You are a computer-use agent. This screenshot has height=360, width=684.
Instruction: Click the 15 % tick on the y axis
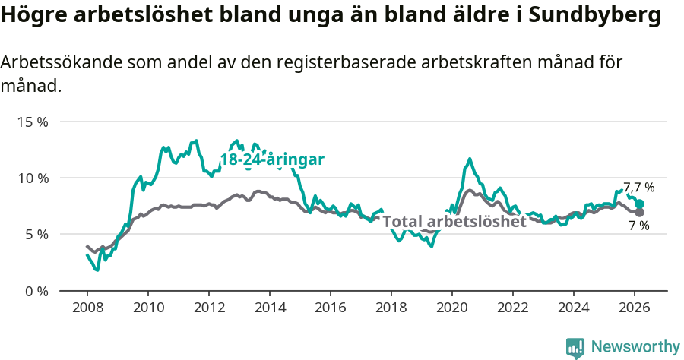click(33, 122)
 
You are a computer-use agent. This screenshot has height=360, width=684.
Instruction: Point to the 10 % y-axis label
click(33, 178)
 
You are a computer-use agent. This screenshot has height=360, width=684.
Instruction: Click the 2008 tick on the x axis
click(87, 307)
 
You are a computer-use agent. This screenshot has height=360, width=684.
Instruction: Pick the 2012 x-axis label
click(209, 307)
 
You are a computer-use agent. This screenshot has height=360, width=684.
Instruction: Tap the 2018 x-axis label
click(391, 307)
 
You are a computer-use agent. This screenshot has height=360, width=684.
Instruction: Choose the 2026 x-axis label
click(635, 307)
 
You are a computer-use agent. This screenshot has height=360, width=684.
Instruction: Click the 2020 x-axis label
click(452, 307)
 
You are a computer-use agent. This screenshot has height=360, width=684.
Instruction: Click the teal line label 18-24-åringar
click(272, 159)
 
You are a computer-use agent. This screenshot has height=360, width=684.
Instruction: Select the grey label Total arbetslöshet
click(454, 222)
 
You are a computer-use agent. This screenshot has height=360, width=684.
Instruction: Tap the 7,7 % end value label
click(639, 187)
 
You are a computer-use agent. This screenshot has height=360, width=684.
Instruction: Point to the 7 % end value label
click(639, 226)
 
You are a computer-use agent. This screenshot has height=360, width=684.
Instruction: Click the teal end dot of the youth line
click(640, 204)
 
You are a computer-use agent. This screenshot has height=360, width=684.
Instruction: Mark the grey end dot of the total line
click(640, 212)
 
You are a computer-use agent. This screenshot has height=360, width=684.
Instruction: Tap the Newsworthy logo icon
click(575, 348)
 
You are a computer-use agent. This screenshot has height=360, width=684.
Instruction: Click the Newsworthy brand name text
click(635, 347)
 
